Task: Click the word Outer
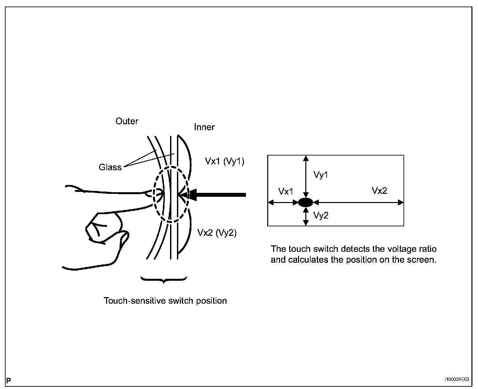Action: click(x=127, y=121)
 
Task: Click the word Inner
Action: click(x=204, y=127)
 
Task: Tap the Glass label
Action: click(x=110, y=167)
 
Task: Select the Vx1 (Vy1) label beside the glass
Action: click(x=225, y=161)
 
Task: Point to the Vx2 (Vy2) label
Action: click(x=217, y=233)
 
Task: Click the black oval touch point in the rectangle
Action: click(x=306, y=202)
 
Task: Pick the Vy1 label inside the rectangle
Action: click(x=321, y=175)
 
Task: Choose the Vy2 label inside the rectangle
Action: click(x=321, y=215)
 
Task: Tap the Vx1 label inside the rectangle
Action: click(x=286, y=192)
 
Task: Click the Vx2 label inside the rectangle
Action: click(x=379, y=191)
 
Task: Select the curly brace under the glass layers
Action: click(x=163, y=280)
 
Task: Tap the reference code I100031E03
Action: click(x=456, y=379)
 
